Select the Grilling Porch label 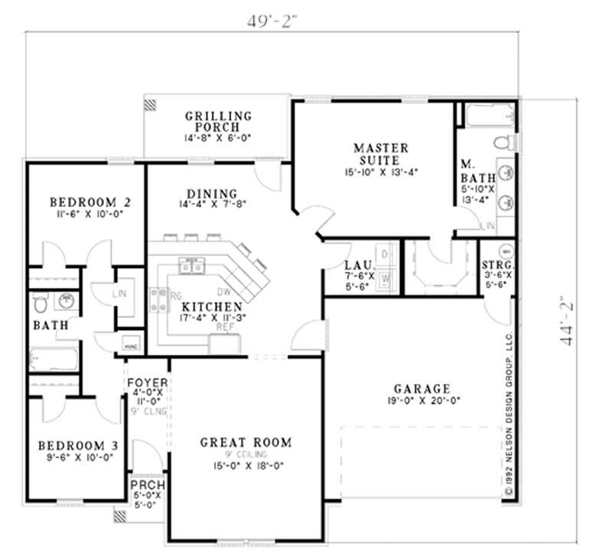click(217, 121)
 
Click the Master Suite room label click(380, 154)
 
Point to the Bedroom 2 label click(90, 202)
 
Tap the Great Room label click(246, 442)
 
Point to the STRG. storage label click(496, 265)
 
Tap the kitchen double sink click(192, 265)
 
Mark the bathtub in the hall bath click(53, 359)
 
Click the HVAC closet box click(129, 345)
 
